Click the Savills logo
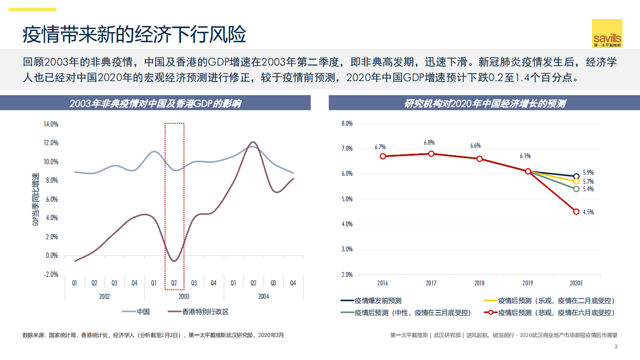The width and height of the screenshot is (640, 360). (x=607, y=34)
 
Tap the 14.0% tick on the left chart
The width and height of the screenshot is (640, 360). (x=51, y=124)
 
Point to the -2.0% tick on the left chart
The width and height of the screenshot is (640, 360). (x=51, y=274)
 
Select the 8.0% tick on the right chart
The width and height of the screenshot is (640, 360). (x=347, y=124)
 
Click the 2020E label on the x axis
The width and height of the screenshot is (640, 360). (x=576, y=283)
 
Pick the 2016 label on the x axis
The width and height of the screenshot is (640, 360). (x=383, y=283)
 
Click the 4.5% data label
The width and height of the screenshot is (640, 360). (x=588, y=212)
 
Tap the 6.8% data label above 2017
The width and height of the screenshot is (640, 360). (x=429, y=143)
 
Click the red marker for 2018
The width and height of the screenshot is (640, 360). (x=479, y=159)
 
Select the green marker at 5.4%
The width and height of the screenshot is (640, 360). (x=576, y=189)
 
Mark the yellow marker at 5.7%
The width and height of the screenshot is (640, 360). (x=576, y=181)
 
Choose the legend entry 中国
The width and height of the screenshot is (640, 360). (x=143, y=312)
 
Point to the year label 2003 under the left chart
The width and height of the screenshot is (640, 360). (x=184, y=296)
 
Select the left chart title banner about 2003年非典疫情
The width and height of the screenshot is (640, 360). (x=155, y=104)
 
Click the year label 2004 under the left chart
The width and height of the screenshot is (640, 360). (x=263, y=296)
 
